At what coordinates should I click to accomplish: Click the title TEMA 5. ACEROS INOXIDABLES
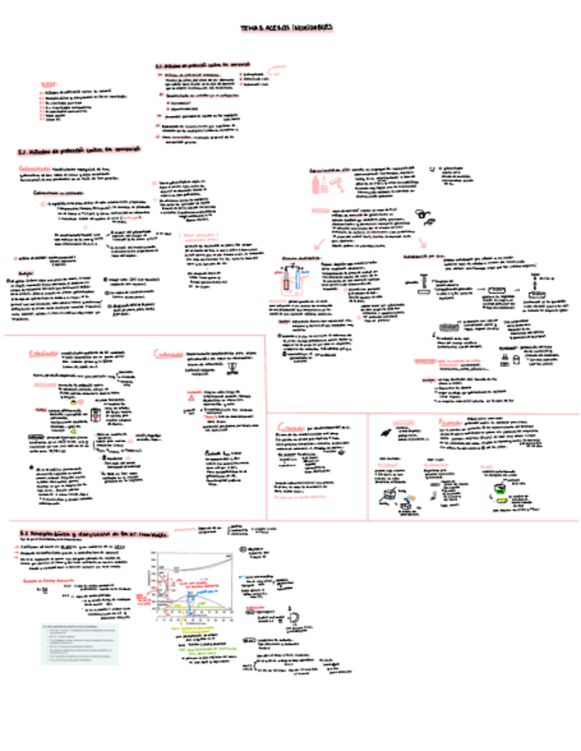coord(286,28)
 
